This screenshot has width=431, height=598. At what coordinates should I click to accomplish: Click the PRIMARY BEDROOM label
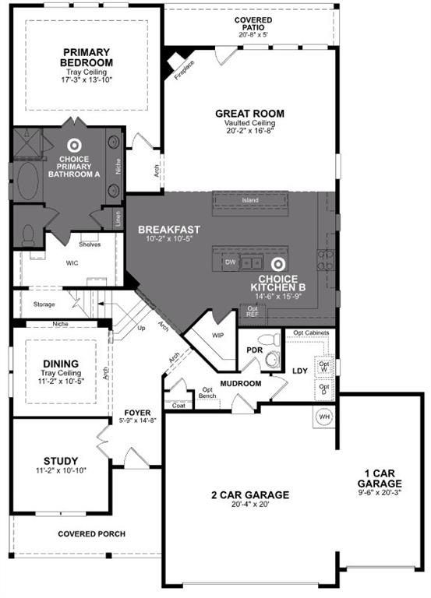tap(87, 58)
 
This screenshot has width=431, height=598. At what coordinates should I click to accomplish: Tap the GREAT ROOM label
tap(249, 114)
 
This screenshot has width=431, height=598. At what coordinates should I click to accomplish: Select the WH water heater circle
tap(325, 417)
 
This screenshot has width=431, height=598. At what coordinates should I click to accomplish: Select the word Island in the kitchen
tap(251, 200)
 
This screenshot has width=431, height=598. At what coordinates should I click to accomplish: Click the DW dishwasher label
tap(230, 262)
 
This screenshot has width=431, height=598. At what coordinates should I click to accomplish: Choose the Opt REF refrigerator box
tap(253, 311)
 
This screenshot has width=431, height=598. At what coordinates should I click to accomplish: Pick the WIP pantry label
tap(219, 336)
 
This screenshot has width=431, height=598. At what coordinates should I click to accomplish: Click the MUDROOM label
tap(239, 383)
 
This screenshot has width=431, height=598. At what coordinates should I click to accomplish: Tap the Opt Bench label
tap(208, 393)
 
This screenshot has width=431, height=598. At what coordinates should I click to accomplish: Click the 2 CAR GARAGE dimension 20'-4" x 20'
tap(249, 505)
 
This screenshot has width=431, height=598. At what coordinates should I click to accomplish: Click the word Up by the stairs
tap(141, 328)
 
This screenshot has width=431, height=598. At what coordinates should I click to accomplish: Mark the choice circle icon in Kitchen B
tap(279, 264)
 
